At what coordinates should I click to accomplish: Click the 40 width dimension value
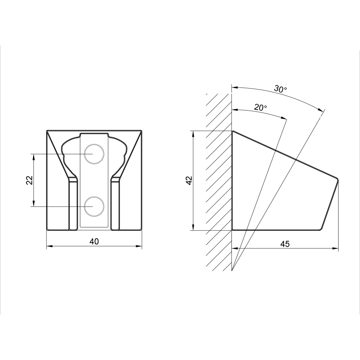click(x=94, y=242)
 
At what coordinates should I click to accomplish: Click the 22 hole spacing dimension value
click(x=30, y=180)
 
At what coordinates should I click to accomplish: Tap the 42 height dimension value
click(x=189, y=180)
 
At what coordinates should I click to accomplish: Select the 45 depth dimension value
click(x=285, y=244)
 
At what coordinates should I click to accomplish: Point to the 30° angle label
click(x=280, y=89)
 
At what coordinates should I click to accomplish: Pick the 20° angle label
click(x=260, y=107)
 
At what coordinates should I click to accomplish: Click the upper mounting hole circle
click(x=94, y=154)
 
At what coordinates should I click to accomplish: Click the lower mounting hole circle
click(x=94, y=206)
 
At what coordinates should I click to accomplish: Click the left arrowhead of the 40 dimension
click(x=49, y=246)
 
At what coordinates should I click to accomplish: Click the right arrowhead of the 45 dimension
click(x=336, y=248)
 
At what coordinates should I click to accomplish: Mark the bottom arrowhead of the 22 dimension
click(x=34, y=204)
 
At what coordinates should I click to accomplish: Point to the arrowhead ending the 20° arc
click(x=284, y=118)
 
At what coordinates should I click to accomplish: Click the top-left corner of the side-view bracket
click(x=232, y=131)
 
